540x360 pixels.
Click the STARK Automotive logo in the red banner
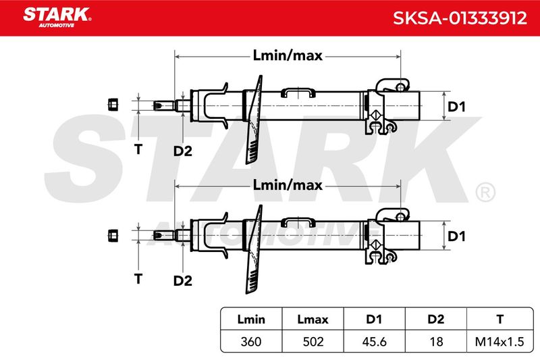(57, 18)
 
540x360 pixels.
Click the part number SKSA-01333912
(460, 18)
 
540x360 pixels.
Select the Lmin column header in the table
(251, 319)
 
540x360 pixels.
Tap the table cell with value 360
(251, 342)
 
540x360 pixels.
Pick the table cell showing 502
(313, 342)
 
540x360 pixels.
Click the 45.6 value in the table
(375, 342)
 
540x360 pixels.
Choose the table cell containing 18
(436, 342)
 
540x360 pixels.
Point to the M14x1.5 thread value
(500, 342)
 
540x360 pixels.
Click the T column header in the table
(500, 319)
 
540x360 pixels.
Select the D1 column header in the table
(375, 319)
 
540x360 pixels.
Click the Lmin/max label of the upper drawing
(288, 55)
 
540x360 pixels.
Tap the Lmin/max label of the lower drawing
(288, 185)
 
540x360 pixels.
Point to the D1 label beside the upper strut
(456, 107)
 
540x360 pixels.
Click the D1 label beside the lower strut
(456, 236)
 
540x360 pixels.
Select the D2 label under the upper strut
(182, 151)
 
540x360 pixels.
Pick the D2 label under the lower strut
(182, 280)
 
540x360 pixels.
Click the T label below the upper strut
(138, 149)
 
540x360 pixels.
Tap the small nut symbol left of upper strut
(113, 105)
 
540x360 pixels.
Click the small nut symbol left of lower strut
(113, 235)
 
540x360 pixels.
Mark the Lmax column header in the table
(313, 319)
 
